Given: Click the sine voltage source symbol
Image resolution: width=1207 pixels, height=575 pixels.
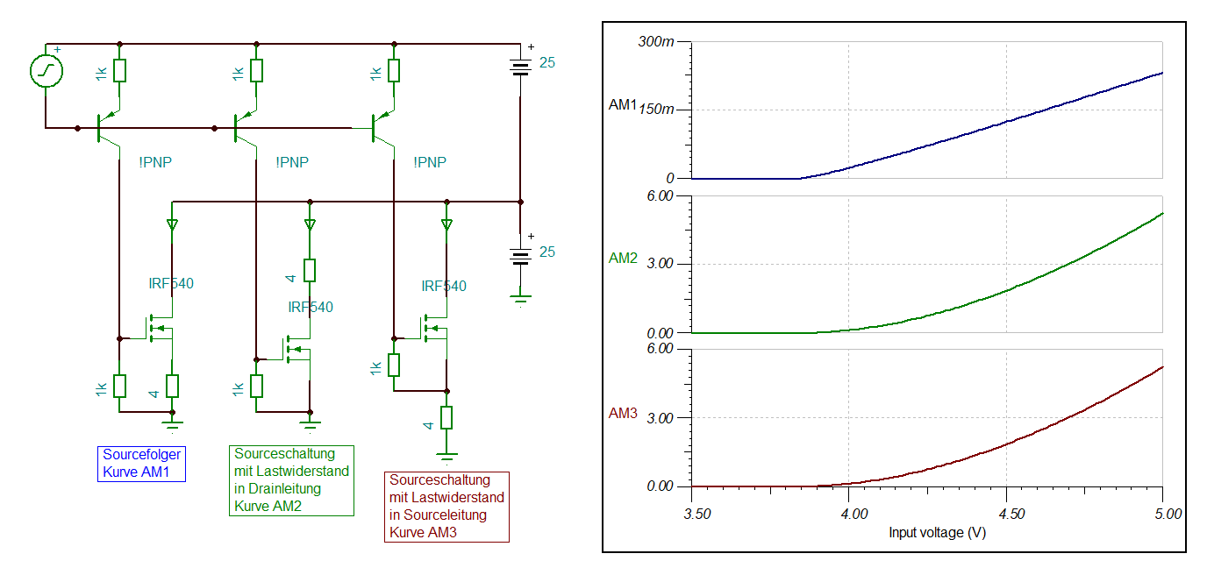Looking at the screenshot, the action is pyautogui.click(x=46, y=70).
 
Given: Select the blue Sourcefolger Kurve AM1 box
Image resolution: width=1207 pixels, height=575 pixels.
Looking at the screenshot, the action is pyautogui.click(x=142, y=464).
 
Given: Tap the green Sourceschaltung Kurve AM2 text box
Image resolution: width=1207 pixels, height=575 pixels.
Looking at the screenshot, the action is pyautogui.click(x=291, y=480).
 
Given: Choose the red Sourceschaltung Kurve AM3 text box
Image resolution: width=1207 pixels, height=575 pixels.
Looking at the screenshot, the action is pyautogui.click(x=446, y=507).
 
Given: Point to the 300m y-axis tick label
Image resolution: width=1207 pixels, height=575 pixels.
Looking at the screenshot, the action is pyautogui.click(x=656, y=41).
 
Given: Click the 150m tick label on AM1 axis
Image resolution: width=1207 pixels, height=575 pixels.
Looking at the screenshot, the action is pyautogui.click(x=656, y=110).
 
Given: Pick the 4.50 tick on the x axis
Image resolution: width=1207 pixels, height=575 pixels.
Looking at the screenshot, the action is pyautogui.click(x=1011, y=515).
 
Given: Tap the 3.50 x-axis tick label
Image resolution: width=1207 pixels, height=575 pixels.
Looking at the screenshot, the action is pyautogui.click(x=697, y=515).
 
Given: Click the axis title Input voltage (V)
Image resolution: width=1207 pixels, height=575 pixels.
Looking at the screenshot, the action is pyautogui.click(x=937, y=532).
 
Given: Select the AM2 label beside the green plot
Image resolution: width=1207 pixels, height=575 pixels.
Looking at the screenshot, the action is pyautogui.click(x=623, y=259).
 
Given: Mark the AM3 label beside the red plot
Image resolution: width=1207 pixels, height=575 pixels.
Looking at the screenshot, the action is pyautogui.click(x=623, y=413).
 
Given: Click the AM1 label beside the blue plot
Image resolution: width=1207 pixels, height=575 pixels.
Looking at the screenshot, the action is pyautogui.click(x=623, y=104).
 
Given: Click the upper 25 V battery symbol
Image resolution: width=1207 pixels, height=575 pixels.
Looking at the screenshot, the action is pyautogui.click(x=520, y=68).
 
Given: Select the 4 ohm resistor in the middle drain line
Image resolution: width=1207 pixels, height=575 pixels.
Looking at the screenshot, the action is pyautogui.click(x=310, y=270).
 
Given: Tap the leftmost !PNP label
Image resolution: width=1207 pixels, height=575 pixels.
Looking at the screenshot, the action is pyautogui.click(x=155, y=162).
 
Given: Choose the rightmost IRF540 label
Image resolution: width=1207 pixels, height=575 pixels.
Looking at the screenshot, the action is pyautogui.click(x=444, y=286).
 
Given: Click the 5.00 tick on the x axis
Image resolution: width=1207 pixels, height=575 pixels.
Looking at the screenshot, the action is pyautogui.click(x=1168, y=515).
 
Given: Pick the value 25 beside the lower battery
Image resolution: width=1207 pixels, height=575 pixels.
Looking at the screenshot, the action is pyautogui.click(x=547, y=252).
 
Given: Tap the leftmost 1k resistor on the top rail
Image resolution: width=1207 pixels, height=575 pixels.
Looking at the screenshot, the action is pyautogui.click(x=119, y=70).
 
